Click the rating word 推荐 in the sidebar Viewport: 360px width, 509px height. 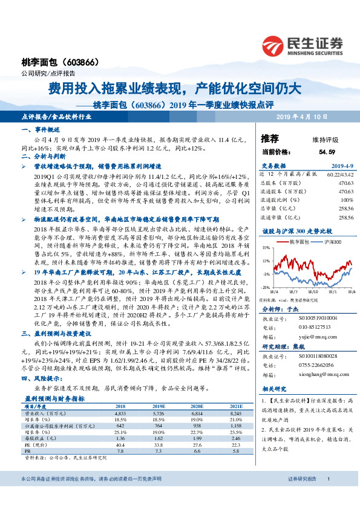coord(270,138)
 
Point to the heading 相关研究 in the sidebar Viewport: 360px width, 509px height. coord(273,389)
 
